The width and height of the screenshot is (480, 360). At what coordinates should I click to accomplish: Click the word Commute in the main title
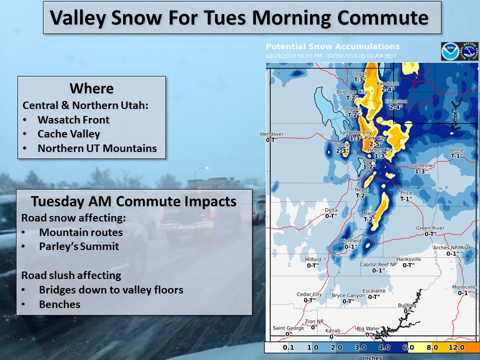pyautogui.click(x=384, y=17)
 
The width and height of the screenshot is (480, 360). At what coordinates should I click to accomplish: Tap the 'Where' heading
pyautogui.click(x=91, y=88)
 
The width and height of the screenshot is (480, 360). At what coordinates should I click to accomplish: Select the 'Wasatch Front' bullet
pyautogui.click(x=73, y=120)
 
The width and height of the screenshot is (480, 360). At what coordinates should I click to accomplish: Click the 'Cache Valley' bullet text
pyautogui.click(x=68, y=134)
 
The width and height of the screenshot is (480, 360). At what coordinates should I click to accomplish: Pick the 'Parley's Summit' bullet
pyautogui.click(x=78, y=246)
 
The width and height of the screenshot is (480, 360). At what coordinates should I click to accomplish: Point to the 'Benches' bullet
pyautogui.click(x=59, y=304)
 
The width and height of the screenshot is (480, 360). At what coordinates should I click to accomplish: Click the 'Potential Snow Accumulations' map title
pyautogui.click(x=332, y=46)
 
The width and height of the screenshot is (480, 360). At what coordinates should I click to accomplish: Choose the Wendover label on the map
pyautogui.click(x=271, y=134)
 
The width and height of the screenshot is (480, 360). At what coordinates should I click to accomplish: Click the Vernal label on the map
pyautogui.click(x=456, y=150)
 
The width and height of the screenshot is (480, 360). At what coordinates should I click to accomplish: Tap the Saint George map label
pyautogui.click(x=288, y=328)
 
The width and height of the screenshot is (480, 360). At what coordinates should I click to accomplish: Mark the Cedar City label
pyautogui.click(x=309, y=294)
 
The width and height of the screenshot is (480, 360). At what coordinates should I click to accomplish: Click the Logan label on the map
pyautogui.click(x=360, y=74)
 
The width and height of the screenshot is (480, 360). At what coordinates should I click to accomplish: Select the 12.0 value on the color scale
pyautogui.click(x=456, y=347)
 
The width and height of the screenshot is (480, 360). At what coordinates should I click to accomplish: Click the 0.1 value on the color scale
pyautogui.click(x=288, y=347)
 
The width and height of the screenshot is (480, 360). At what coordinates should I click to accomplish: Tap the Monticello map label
pyautogui.click(x=464, y=287)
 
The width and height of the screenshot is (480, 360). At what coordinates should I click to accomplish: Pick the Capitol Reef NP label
pyautogui.click(x=378, y=264)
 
